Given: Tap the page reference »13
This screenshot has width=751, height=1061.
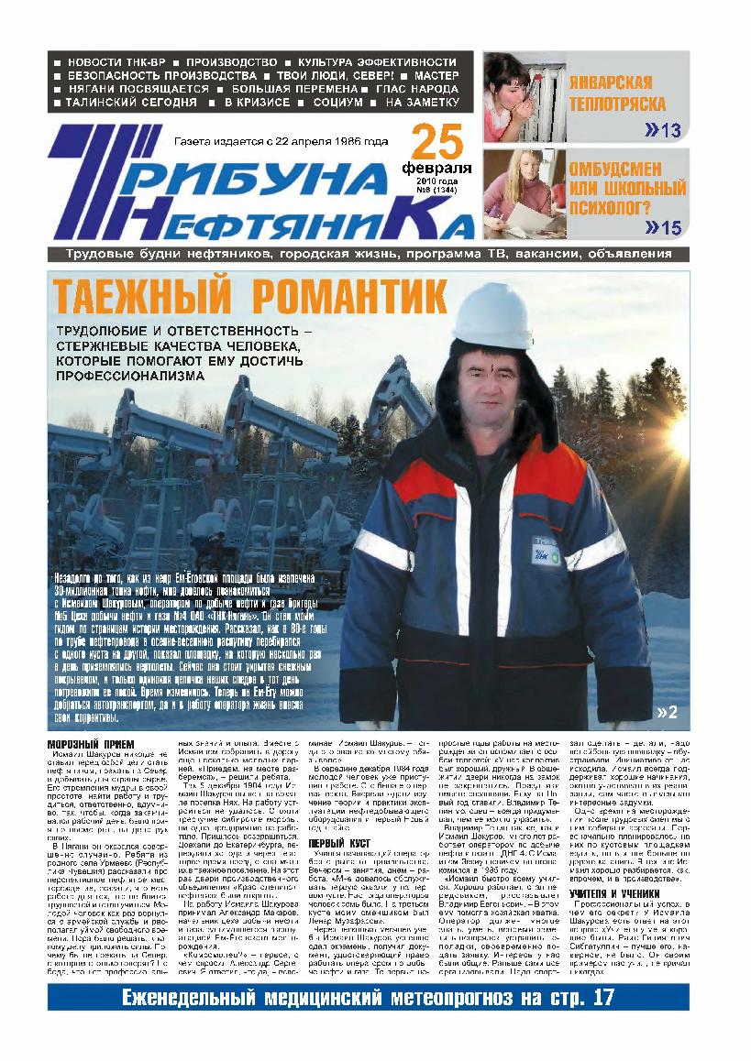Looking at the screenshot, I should [x=662, y=130].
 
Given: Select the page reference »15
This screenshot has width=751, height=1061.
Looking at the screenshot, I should [x=663, y=227].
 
